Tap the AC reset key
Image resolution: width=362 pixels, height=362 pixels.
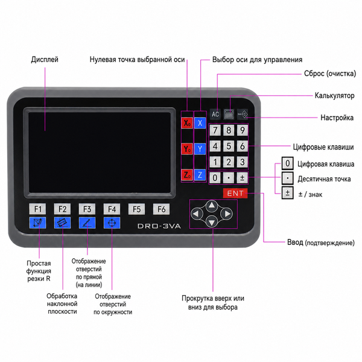coord(215,114)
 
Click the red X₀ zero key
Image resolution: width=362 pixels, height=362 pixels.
coord(187,123)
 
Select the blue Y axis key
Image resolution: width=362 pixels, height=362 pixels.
coord(200,149)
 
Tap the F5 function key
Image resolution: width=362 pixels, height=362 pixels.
coord(136,209)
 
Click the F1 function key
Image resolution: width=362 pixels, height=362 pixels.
coord(37,209)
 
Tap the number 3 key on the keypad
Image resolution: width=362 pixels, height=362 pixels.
coord(242,162)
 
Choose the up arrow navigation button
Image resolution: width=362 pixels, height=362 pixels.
coord(212,206)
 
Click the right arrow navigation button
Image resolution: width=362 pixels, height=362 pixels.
coord(226,214)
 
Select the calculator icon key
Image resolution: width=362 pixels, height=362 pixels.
coord(229,114)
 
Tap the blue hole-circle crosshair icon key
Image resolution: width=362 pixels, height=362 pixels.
coord(112,223)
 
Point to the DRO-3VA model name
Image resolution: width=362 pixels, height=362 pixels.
coord(159,226)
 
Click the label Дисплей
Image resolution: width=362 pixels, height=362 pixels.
coord(45,60)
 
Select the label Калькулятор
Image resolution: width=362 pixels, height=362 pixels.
coord(334,95)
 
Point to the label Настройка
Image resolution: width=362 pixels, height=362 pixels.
coord(337,118)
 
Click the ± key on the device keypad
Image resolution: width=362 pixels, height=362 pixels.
coord(242,178)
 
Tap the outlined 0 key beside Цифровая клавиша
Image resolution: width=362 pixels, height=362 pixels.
coord(287,164)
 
